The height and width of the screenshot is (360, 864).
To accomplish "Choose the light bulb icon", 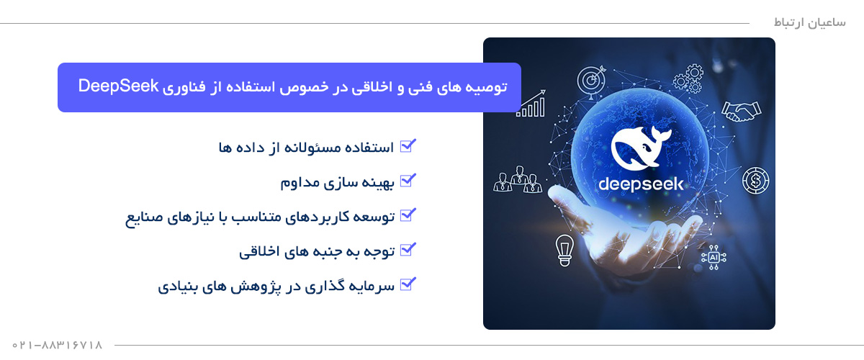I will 564,249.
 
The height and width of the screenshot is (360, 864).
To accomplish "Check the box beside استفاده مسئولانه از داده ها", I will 408,146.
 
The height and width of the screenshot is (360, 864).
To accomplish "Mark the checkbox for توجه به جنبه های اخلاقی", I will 408,250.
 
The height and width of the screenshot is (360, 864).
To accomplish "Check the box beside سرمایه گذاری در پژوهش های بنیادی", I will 408,284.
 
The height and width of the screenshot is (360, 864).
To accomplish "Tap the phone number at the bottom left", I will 58,346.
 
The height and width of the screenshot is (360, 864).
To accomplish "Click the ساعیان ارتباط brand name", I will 799,22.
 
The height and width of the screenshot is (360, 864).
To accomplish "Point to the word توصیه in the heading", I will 487,87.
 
